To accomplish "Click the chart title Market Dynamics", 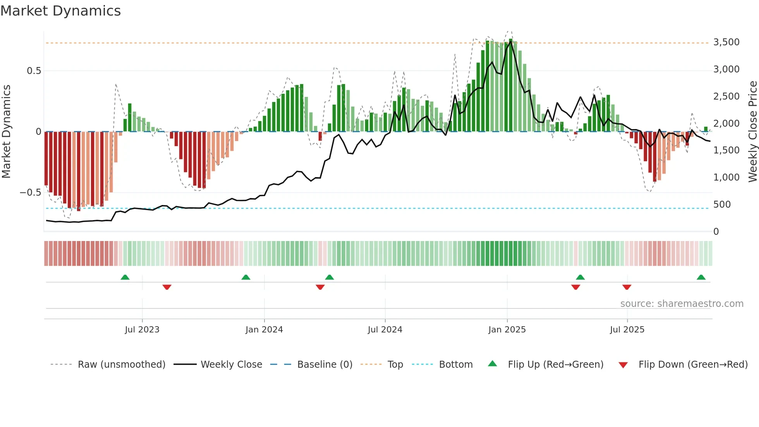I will [x=60, y=11].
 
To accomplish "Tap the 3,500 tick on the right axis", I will [x=726, y=42].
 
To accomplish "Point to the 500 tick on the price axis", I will [x=722, y=205].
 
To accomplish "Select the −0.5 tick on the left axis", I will [x=30, y=193].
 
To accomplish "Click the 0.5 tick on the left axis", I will [x=34, y=71].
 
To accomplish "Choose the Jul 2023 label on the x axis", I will [x=142, y=330].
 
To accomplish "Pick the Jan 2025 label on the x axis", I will [x=507, y=330].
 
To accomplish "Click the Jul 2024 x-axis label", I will [x=385, y=330].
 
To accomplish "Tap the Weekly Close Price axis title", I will [x=752, y=132].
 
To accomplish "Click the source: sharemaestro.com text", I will [x=682, y=304].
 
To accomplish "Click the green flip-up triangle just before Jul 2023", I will [x=125, y=277].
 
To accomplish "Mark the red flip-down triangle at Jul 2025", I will [x=627, y=287].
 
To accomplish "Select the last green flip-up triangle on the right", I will [x=701, y=277].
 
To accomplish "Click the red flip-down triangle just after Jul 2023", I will [x=167, y=287].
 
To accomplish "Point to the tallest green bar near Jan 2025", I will [x=511, y=85].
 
